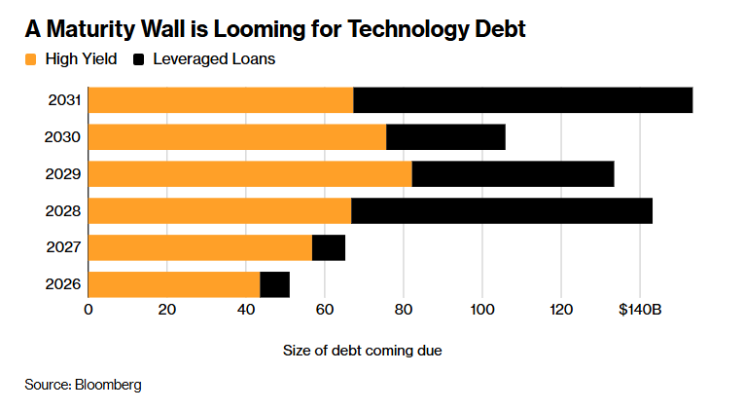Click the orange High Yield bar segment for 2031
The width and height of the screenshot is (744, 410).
pyautogui.click(x=221, y=100)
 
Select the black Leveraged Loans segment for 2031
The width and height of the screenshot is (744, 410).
pyautogui.click(x=523, y=100)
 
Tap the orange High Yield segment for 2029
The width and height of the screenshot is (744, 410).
pyautogui.click(x=250, y=173)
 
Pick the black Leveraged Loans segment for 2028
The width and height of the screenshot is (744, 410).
pyautogui.click(x=502, y=210)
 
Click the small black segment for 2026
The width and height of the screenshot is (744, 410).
pyautogui.click(x=275, y=284)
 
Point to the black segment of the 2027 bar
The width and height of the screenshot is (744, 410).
pyautogui.click(x=329, y=247)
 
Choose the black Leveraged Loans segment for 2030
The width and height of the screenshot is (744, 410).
pyautogui.click(x=445, y=137)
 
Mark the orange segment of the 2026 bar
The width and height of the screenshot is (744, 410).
pyautogui.click(x=174, y=284)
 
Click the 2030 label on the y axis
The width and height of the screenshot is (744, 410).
pyautogui.click(x=62, y=137)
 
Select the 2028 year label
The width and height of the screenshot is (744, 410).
pyautogui.click(x=62, y=210)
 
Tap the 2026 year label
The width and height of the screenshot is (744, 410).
pyautogui.click(x=62, y=284)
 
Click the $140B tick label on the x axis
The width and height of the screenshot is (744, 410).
pyautogui.click(x=639, y=310)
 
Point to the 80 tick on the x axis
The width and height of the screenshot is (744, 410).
pyautogui.click(x=404, y=310)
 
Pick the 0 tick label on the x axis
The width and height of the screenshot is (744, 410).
pyautogui.click(x=89, y=310)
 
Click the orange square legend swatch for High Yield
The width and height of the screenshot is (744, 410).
pyautogui.click(x=32, y=59)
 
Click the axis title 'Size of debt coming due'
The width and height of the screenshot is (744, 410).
pyautogui.click(x=363, y=350)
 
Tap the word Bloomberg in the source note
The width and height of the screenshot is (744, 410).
pyautogui.click(x=108, y=385)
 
